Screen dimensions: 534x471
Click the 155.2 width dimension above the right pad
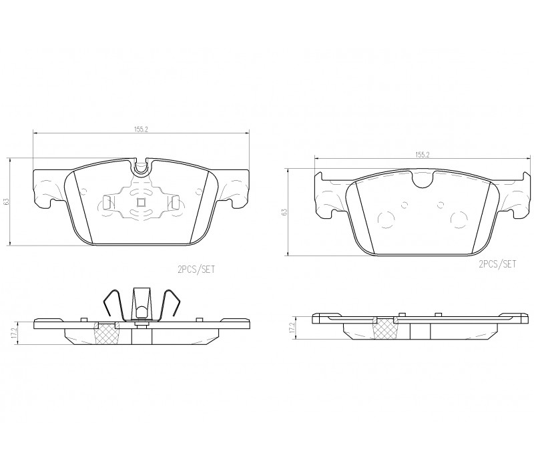coord(423,155)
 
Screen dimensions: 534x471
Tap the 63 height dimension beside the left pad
coord(7,201)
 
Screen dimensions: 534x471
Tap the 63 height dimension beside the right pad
coord(285,212)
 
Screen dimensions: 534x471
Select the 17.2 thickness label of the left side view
coord(13,334)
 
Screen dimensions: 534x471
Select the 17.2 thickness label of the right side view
coord(292,328)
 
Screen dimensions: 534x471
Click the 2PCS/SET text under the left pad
coord(196,270)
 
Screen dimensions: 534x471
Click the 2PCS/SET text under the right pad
coord(497,264)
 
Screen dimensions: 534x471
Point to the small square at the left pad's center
coord(141,203)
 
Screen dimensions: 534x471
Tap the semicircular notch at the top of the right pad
coord(423,179)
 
